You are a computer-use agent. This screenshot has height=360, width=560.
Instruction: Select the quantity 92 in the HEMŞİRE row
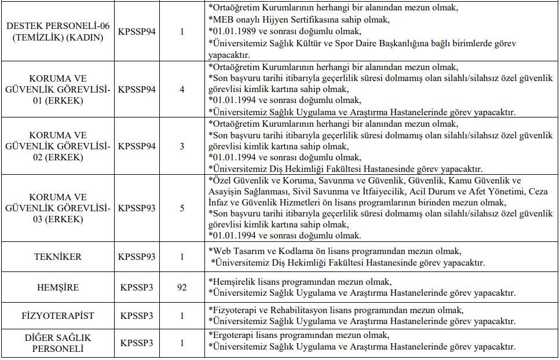tap(182, 288)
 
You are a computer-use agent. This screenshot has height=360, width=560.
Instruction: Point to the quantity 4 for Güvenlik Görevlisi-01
tap(182, 90)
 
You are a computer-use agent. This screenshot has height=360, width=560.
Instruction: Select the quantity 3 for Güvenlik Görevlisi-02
tap(182, 146)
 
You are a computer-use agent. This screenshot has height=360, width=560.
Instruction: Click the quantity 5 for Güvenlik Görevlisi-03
tap(182, 208)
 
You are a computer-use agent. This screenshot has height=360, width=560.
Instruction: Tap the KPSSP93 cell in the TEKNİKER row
tap(137, 257)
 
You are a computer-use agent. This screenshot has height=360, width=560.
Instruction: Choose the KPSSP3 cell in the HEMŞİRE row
tap(137, 288)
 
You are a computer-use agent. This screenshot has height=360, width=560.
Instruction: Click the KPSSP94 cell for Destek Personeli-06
tap(137, 32)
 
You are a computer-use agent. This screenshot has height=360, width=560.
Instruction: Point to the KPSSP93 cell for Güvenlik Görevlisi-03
tap(137, 208)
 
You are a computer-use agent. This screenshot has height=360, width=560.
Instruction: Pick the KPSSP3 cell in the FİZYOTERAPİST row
tap(137, 316)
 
